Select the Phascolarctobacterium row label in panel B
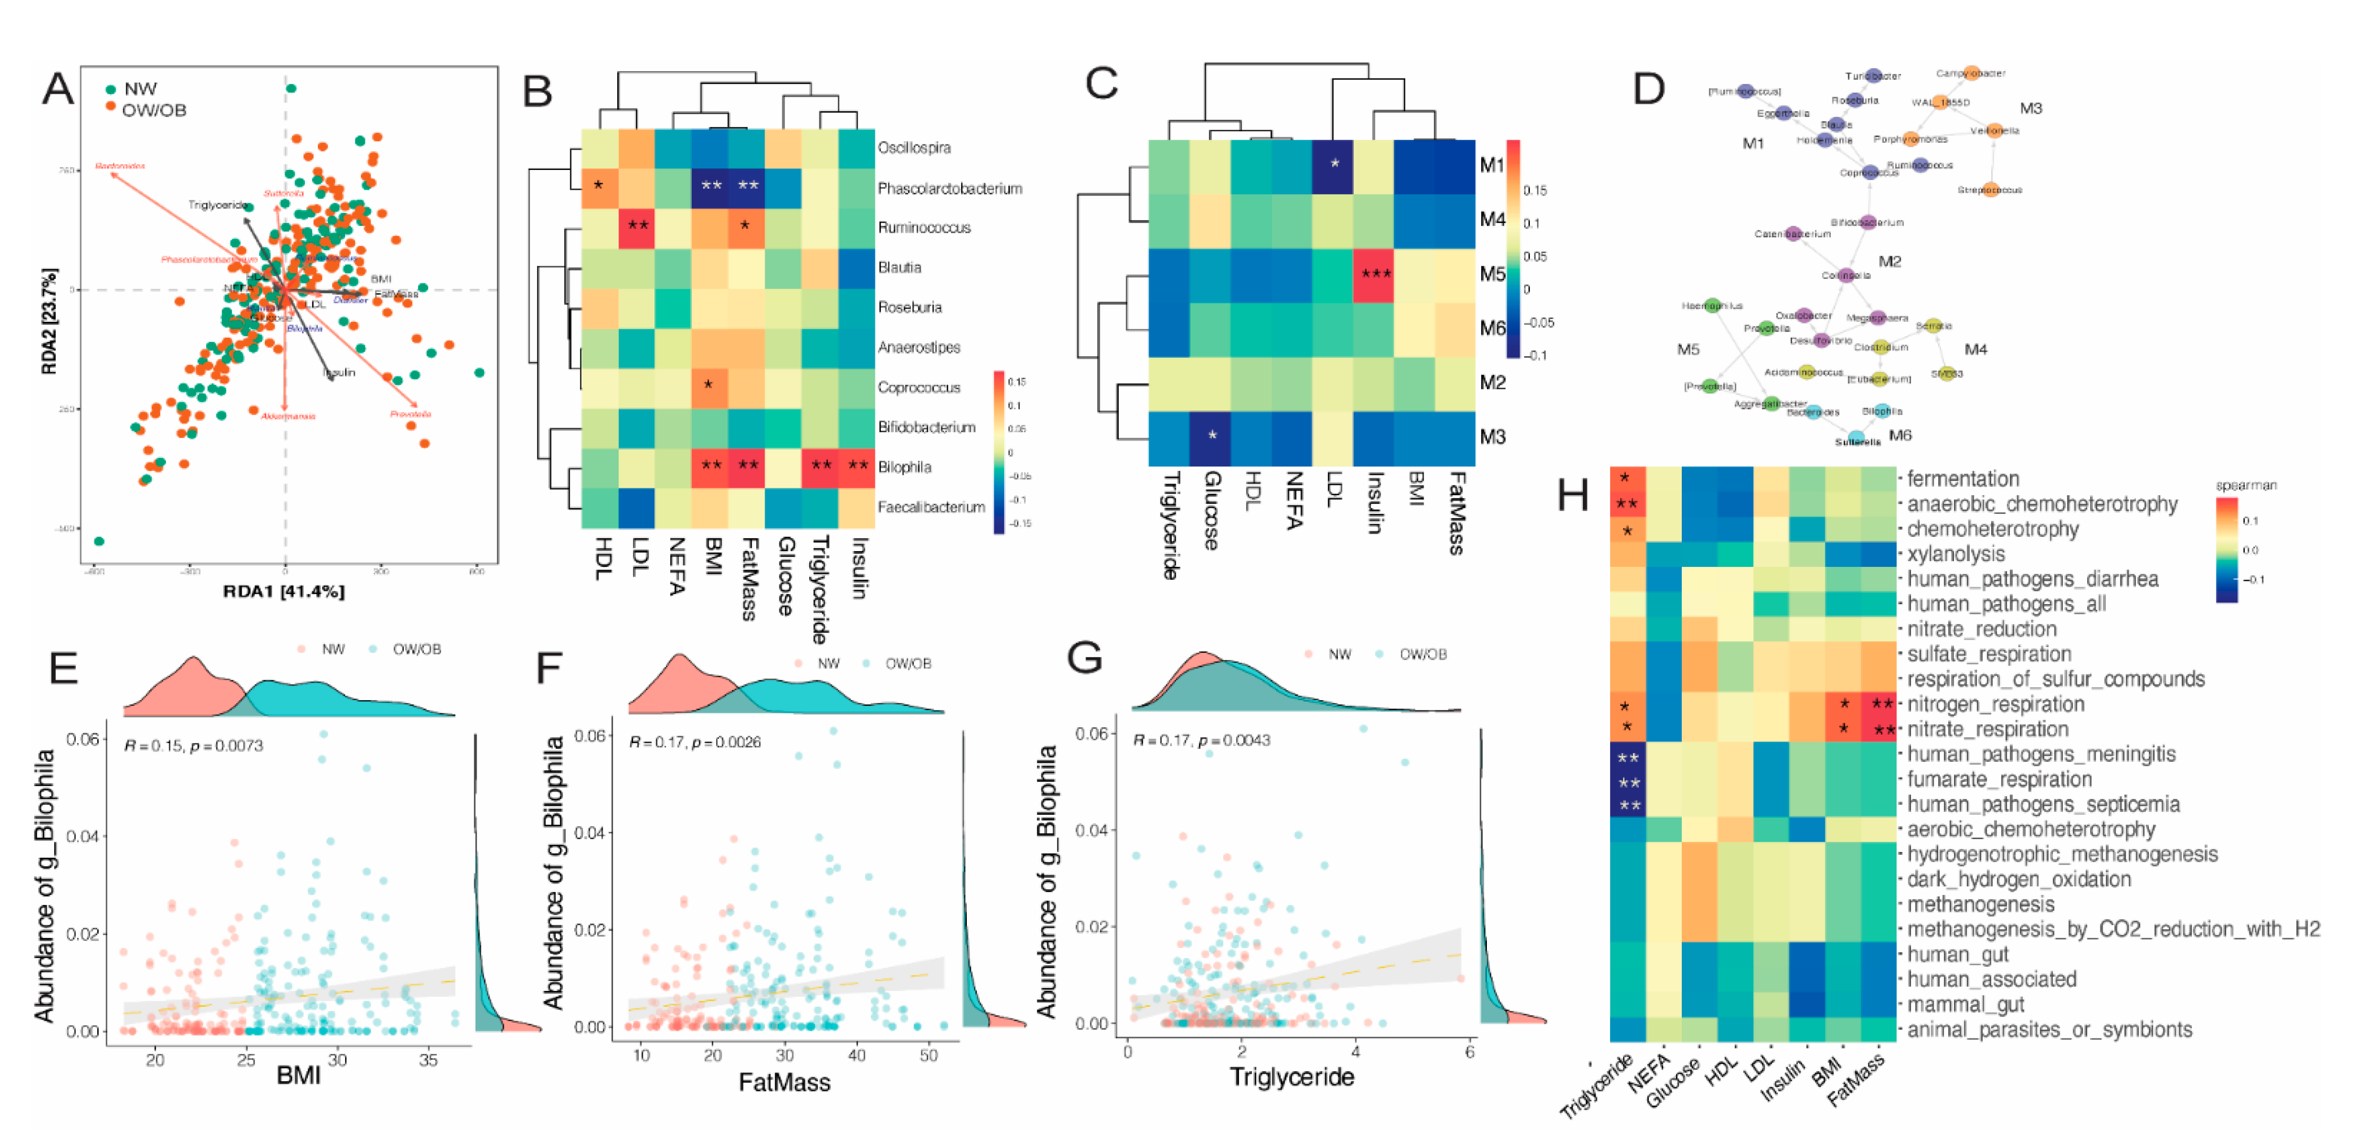pyautogui.click(x=949, y=189)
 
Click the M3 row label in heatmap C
pyautogui.click(x=1493, y=437)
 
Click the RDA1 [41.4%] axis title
pyautogui.click(x=284, y=592)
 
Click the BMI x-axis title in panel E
pyautogui.click(x=299, y=1074)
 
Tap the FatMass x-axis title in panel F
pyautogui.click(x=784, y=1082)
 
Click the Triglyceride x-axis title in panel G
pyautogui.click(x=1292, y=1077)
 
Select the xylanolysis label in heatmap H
pyautogui.click(x=1955, y=554)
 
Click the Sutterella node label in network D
pyautogui.click(x=1857, y=442)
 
